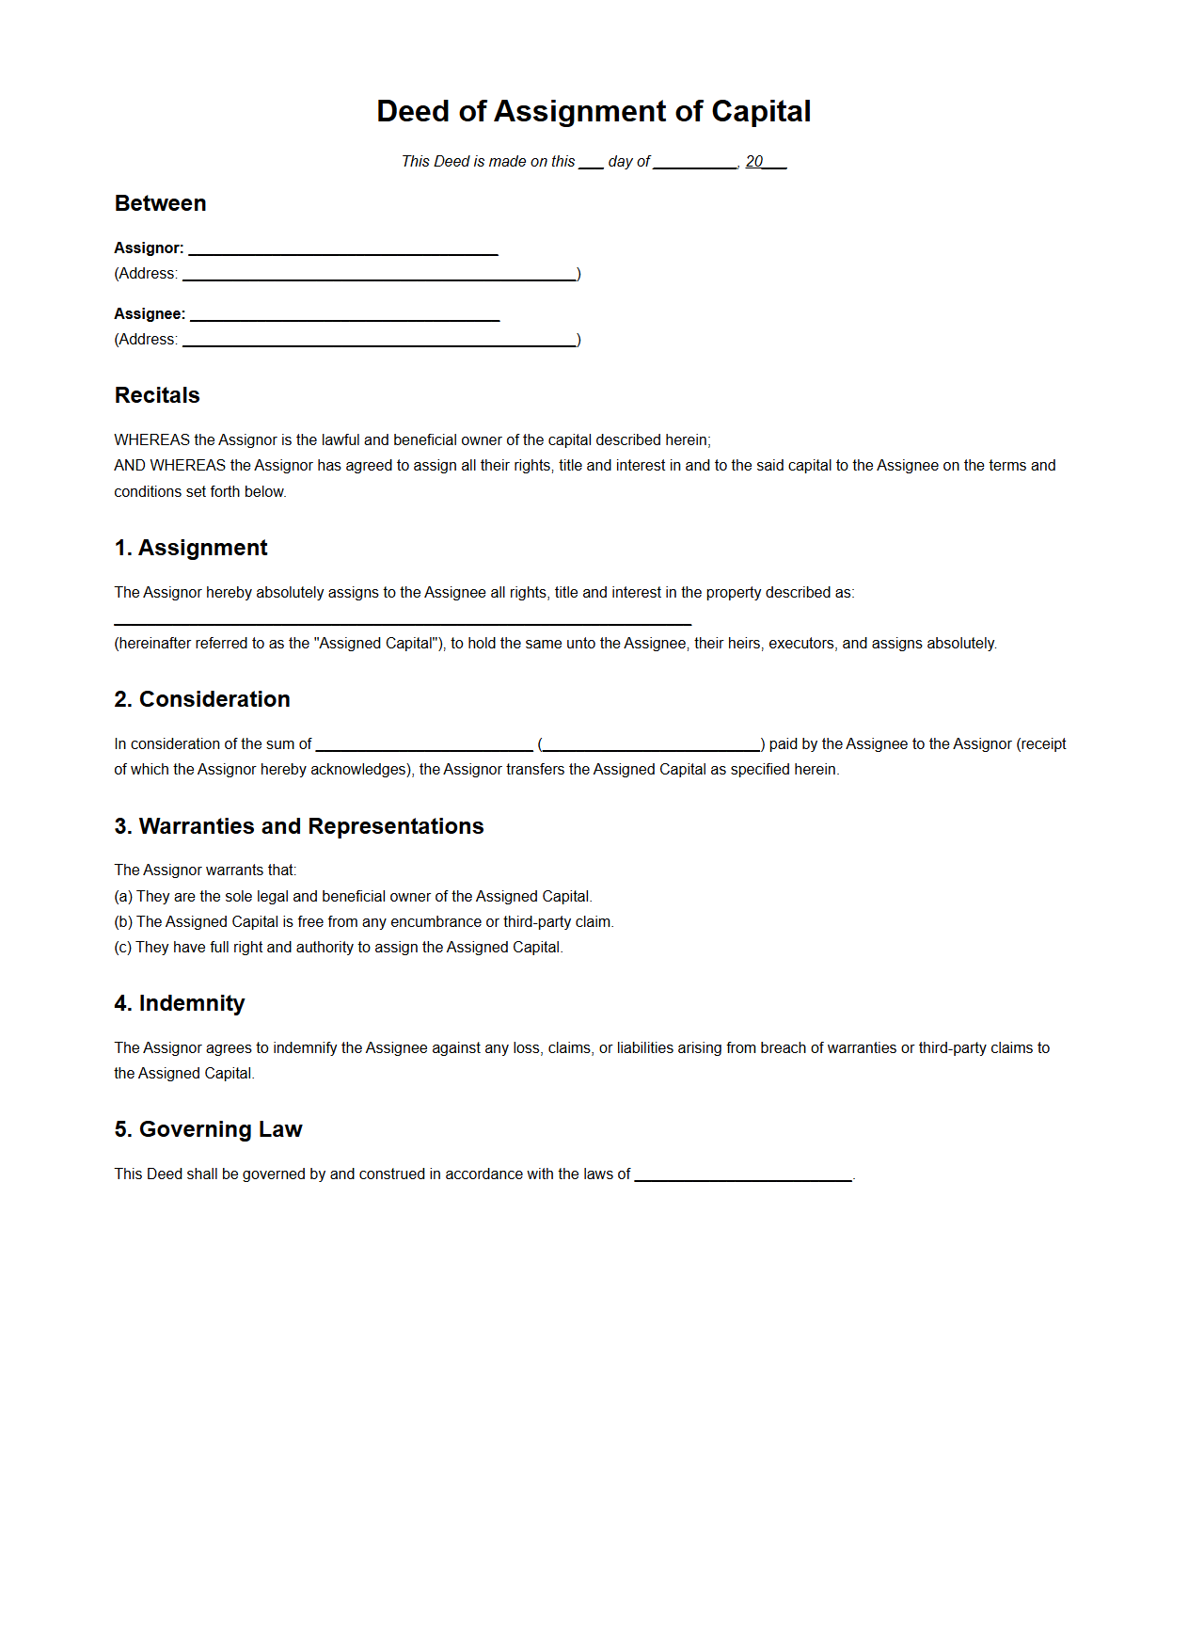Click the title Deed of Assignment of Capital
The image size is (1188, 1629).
click(594, 112)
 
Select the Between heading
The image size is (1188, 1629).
click(160, 203)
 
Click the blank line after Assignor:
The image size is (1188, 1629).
click(343, 249)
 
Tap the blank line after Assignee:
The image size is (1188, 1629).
click(344, 315)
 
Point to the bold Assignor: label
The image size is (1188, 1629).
click(149, 248)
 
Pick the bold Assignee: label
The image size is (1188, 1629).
click(150, 314)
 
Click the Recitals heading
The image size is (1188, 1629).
click(157, 395)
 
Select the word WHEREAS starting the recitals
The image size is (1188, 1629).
click(151, 440)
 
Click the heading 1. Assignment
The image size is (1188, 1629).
click(191, 548)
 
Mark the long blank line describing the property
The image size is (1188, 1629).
click(403, 619)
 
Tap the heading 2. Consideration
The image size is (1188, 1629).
click(202, 699)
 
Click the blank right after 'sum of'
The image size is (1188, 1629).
click(424, 745)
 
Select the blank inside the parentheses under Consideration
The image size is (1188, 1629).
click(652, 745)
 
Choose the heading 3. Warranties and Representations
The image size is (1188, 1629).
click(299, 826)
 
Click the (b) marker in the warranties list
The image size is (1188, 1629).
click(123, 922)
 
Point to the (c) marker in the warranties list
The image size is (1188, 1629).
click(123, 948)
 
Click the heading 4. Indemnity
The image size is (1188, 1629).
click(180, 1003)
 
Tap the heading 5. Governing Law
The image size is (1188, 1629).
click(208, 1129)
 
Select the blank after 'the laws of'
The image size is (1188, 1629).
click(743, 1175)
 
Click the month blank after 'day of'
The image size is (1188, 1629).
click(695, 163)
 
